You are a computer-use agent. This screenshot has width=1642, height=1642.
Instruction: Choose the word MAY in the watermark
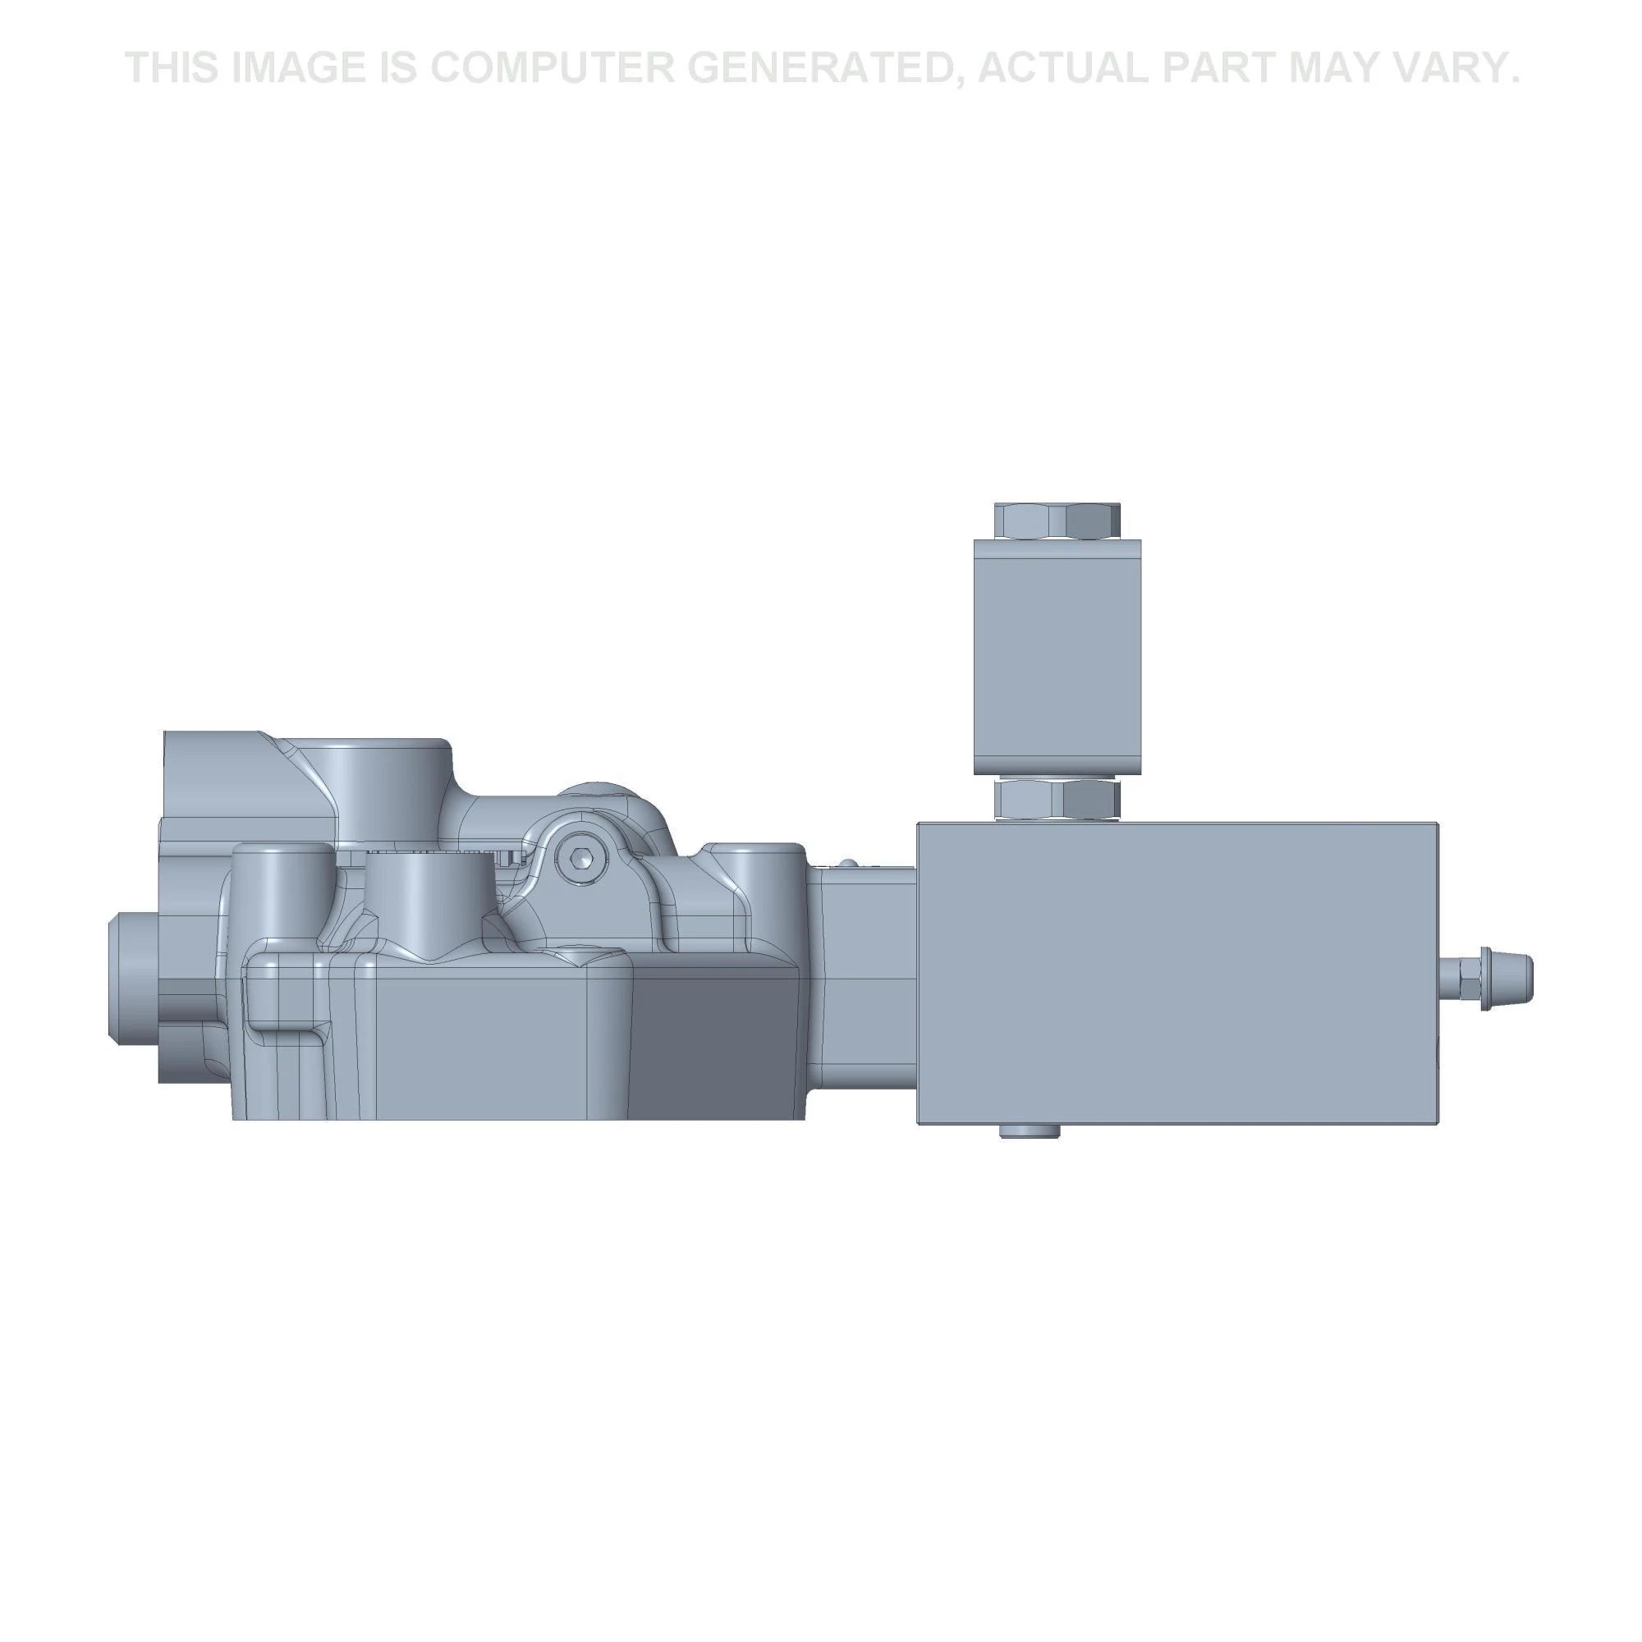pyautogui.click(x=1330, y=68)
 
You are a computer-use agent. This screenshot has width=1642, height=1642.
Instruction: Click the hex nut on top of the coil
pyautogui.click(x=1057, y=521)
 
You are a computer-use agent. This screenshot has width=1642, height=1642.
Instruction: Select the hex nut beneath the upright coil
pyautogui.click(x=1057, y=800)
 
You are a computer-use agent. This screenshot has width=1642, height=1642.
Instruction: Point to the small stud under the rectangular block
pyautogui.click(x=1030, y=1131)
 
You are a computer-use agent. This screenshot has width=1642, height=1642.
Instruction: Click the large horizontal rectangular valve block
pyautogui.click(x=1177, y=973)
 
